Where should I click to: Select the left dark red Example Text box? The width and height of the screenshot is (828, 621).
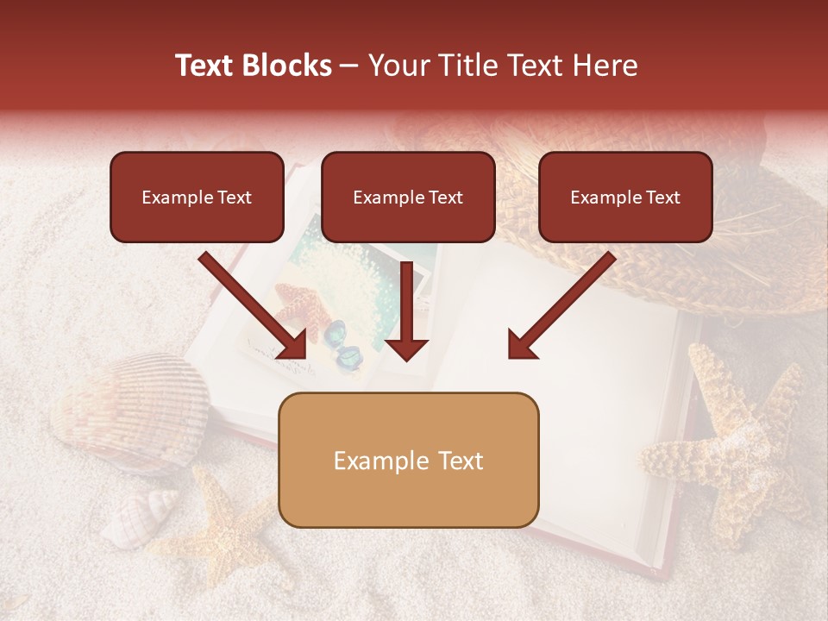[x=197, y=197]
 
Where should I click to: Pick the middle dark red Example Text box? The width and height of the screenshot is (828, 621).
[x=408, y=197]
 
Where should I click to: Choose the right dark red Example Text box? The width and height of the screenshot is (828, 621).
[x=625, y=197]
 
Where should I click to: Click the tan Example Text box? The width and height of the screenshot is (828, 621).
[x=408, y=461]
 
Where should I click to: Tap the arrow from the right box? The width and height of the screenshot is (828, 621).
[x=561, y=305]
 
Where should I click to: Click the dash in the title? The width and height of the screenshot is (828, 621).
[x=350, y=66]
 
